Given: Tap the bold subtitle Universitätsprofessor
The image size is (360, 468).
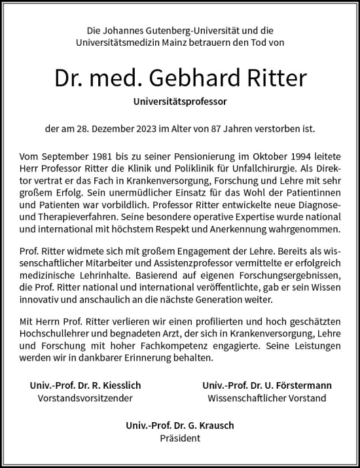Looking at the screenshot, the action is click(180, 102).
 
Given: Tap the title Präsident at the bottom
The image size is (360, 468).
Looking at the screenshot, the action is click(180, 439).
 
